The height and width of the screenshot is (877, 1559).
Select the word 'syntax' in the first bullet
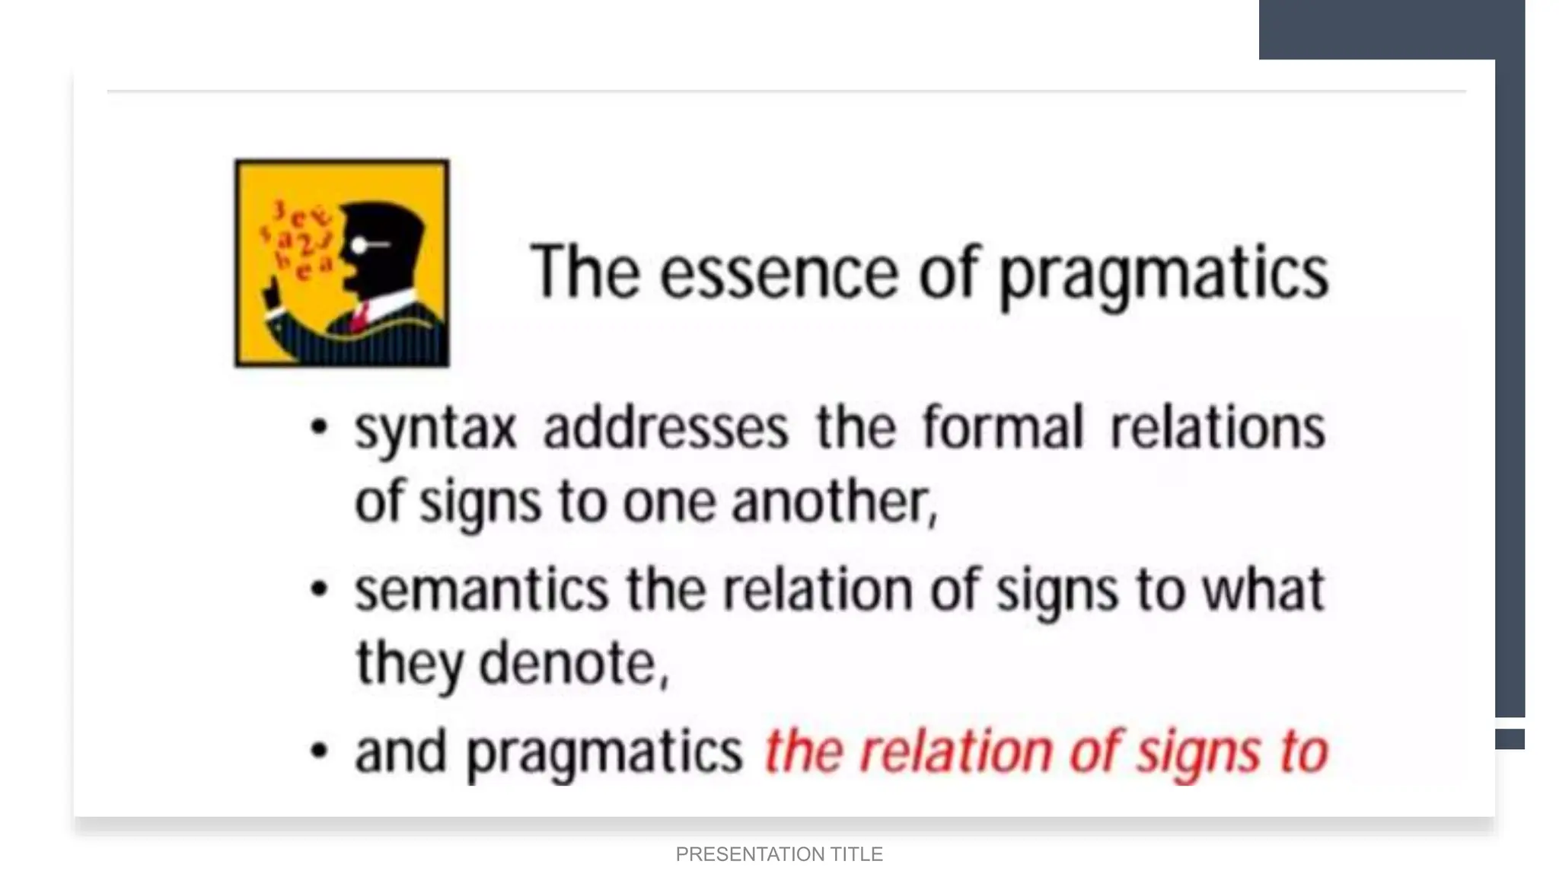435,429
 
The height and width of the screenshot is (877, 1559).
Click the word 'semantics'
481,590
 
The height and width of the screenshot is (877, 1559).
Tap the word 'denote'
572,663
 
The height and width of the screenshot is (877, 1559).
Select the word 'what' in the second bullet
1263,590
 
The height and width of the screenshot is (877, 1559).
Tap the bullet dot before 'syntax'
320,427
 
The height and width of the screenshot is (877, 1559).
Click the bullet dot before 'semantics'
320,589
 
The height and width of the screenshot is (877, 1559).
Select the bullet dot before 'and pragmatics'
320,751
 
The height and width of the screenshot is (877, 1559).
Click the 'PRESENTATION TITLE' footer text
779,854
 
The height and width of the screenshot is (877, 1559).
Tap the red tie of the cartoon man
360,314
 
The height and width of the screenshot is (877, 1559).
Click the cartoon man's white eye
359,245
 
